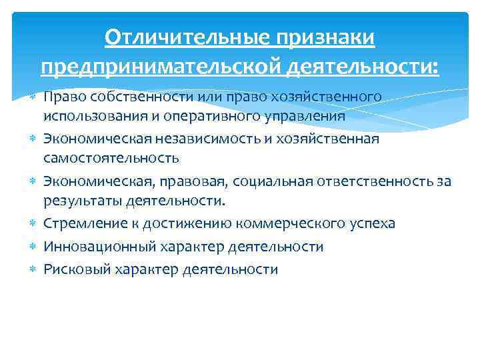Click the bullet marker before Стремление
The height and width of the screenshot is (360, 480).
click(33, 223)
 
